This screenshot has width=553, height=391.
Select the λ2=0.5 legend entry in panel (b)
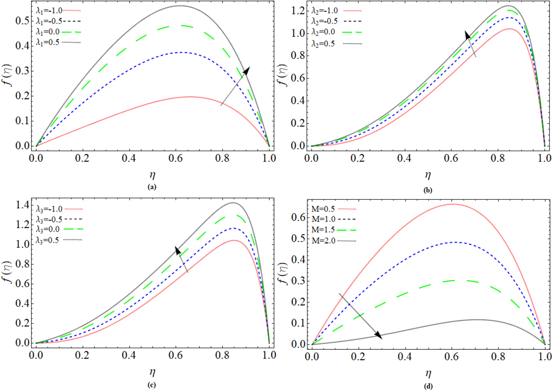[x=336, y=44]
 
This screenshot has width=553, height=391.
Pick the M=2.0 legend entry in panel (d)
[x=334, y=241]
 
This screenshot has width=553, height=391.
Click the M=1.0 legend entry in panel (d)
[x=334, y=219]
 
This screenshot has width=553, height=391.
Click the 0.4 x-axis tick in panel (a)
[x=129, y=158]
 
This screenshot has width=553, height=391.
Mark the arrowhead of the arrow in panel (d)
[x=379, y=336]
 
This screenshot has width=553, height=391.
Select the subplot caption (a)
[x=152, y=187]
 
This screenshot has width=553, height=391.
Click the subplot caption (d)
[x=428, y=386]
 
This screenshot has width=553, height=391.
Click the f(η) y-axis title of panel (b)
[x=282, y=75]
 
